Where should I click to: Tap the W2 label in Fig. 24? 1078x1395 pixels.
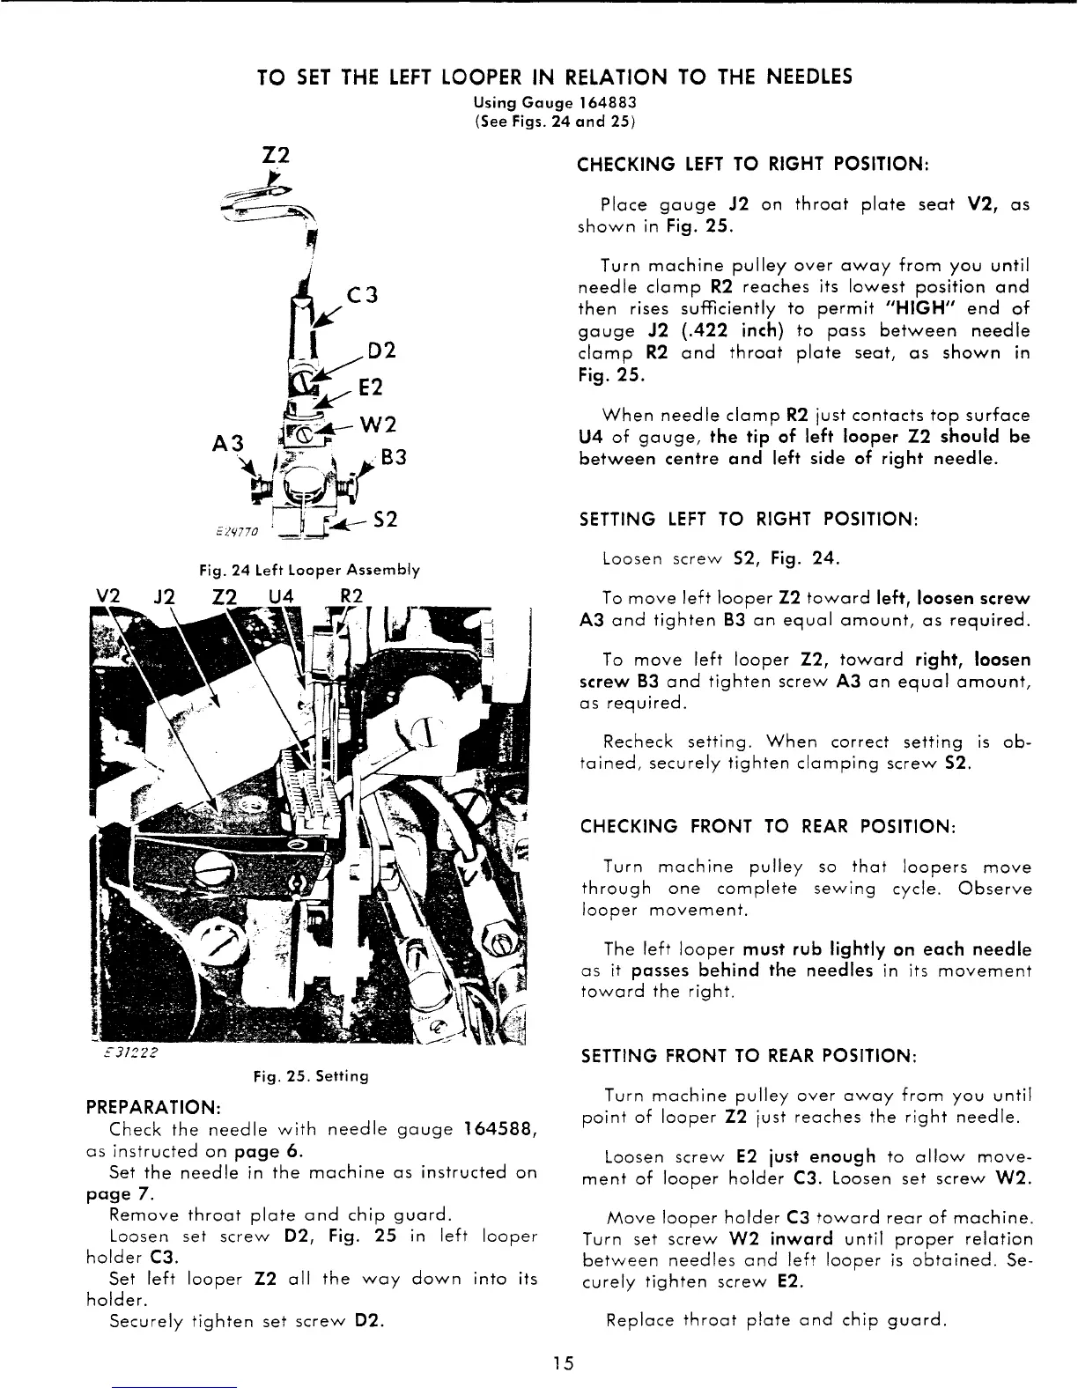point(381,422)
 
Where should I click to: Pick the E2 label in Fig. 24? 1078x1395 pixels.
point(370,387)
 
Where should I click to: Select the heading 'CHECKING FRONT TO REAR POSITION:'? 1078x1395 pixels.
point(767,828)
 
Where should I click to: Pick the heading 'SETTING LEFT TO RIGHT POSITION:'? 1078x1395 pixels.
point(749,520)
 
